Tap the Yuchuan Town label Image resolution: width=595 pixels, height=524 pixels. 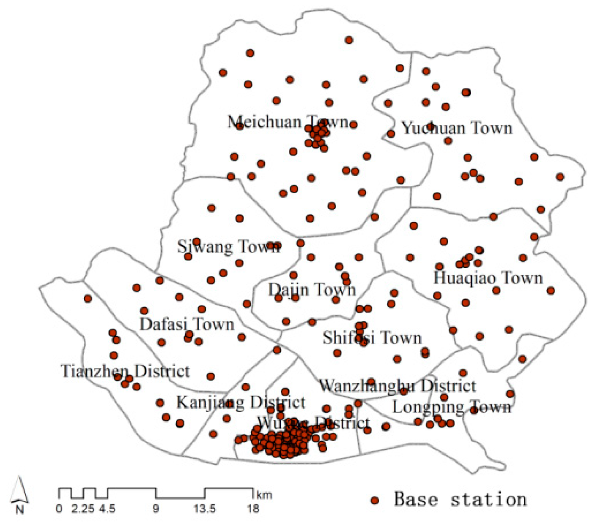(457, 128)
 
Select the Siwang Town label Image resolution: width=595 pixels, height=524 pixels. (228, 246)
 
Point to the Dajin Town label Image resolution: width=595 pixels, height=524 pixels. (312, 290)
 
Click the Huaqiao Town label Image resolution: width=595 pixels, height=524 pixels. (488, 278)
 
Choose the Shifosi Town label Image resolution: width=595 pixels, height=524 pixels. (372, 338)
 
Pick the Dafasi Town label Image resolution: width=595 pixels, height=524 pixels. (187, 324)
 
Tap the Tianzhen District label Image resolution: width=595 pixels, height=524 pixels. (126, 371)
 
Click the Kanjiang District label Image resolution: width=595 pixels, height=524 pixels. (241, 402)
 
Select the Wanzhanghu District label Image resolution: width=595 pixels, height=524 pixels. (398, 385)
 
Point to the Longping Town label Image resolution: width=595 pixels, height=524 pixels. (452, 407)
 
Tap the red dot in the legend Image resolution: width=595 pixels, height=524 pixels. (374, 500)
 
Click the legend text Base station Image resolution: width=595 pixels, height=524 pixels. (460, 499)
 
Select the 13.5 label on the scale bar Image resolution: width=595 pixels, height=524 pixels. (205, 508)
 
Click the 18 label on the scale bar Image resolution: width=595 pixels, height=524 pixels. (253, 508)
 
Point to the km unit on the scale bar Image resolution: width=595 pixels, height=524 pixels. (264, 494)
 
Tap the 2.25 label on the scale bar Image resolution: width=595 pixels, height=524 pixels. (83, 508)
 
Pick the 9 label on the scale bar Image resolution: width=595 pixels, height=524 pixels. (156, 508)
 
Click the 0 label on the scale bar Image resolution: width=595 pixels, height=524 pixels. (59, 508)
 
